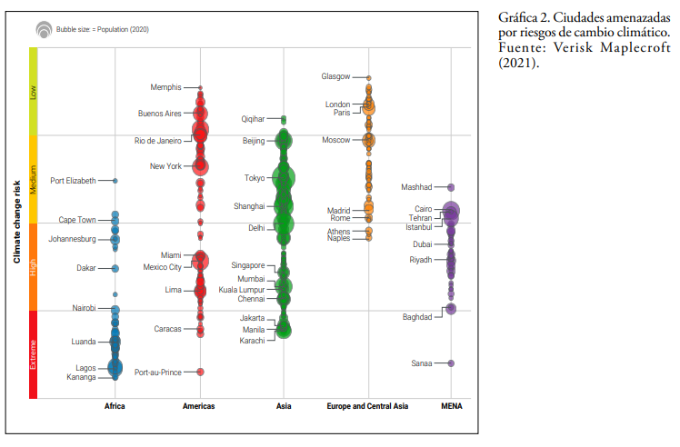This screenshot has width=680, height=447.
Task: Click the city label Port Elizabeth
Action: (73, 181)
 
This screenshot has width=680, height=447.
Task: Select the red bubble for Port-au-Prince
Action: (200, 372)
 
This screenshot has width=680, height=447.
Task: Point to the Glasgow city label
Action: (335, 76)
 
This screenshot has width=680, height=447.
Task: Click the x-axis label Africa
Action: (115, 406)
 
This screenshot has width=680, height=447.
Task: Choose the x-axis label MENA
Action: (451, 406)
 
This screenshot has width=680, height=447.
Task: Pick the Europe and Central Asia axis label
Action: (367, 406)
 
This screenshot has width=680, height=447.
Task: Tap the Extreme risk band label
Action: (34, 354)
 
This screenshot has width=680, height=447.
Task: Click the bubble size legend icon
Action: (44, 30)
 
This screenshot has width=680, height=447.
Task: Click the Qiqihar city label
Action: (253, 119)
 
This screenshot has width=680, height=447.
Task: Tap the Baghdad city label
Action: (417, 317)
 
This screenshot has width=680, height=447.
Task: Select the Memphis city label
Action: (165, 87)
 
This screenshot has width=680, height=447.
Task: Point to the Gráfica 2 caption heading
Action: (523, 19)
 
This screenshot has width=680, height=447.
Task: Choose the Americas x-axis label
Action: (199, 406)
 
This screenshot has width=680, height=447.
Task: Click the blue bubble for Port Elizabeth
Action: (115, 181)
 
